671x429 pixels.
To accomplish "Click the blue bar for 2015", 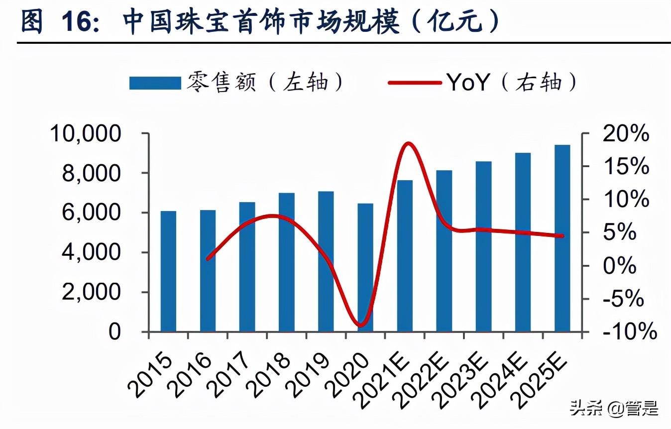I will (x=168, y=271).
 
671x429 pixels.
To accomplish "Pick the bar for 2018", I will (x=286, y=262).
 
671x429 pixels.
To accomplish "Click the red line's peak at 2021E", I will (x=408, y=144).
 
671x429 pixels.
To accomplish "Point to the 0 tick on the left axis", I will (x=114, y=331).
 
